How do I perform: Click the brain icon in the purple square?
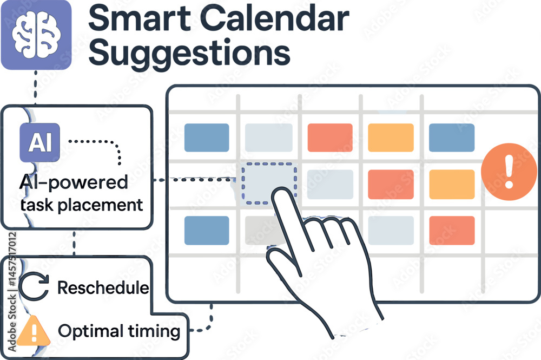coord(36,35)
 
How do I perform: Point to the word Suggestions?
coord(189,53)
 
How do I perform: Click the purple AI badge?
coord(39,142)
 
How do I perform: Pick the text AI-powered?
coord(74,182)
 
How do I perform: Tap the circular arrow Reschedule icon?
coord(34,286)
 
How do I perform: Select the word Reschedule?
coord(103,287)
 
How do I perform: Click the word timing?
coord(154,331)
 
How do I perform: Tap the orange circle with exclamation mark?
coord(509,172)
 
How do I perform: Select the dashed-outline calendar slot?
coord(269,184)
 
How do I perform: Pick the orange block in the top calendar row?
coord(391,138)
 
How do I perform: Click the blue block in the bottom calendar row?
coord(207,230)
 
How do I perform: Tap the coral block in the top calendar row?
coord(330,138)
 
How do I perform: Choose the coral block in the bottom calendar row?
coord(452,230)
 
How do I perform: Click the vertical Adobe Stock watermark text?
coord(12,292)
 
